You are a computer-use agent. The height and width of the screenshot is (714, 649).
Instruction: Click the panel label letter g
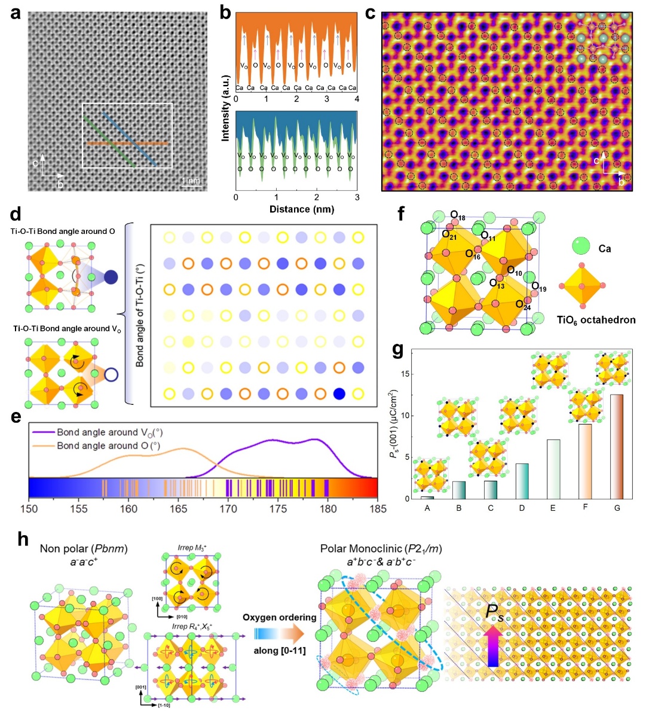click(x=397, y=348)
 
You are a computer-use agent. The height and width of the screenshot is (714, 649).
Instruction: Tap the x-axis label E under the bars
click(x=553, y=508)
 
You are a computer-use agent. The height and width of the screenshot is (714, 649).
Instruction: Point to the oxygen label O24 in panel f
click(x=523, y=305)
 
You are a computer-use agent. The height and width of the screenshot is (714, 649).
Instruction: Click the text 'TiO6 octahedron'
click(x=596, y=320)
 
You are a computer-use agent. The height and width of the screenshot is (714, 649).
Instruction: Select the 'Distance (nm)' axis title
click(x=301, y=209)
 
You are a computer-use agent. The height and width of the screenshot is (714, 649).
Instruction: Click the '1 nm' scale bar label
click(x=191, y=181)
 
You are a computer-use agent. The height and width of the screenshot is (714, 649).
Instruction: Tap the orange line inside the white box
click(x=125, y=144)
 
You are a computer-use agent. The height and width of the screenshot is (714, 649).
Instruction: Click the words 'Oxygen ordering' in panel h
click(x=279, y=617)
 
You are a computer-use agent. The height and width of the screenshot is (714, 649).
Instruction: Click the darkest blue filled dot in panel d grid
click(x=339, y=393)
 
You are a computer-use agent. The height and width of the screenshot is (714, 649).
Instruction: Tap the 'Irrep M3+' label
click(x=192, y=547)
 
